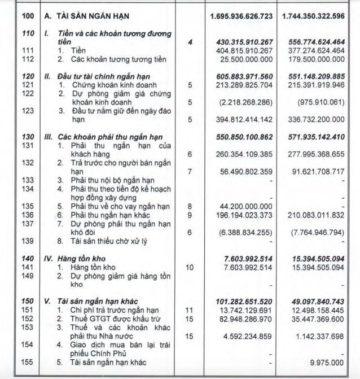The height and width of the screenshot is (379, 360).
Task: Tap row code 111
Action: (27, 50)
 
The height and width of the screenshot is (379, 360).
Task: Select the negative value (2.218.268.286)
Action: (247, 102)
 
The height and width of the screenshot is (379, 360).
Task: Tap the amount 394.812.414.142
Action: (244, 119)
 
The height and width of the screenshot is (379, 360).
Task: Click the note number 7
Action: (190, 171)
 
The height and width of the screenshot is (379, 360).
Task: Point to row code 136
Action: (27, 215)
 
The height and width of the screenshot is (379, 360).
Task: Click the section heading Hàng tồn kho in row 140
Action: (81, 258)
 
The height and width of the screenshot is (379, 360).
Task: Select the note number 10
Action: (190, 267)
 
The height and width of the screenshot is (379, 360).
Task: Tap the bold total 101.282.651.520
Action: (243, 302)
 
